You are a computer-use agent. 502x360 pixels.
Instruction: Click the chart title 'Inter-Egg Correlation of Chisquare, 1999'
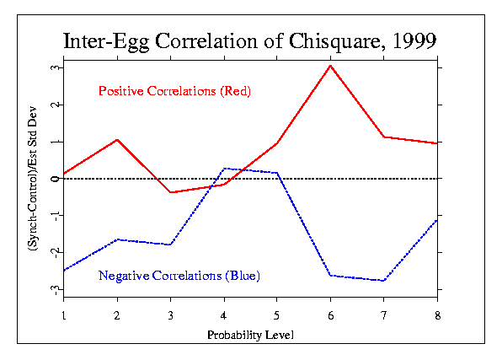(249, 41)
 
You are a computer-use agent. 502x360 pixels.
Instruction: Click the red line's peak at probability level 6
(330, 66)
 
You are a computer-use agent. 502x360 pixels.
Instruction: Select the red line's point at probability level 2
(117, 140)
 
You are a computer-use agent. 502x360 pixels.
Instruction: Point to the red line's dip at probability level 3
(171, 192)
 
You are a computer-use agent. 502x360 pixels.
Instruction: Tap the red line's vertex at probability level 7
(384, 137)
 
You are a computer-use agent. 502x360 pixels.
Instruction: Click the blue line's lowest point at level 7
(384, 281)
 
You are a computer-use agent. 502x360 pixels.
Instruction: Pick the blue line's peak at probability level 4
(224, 169)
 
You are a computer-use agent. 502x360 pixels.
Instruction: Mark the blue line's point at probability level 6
(330, 276)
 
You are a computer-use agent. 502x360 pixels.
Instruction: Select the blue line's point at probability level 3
(171, 244)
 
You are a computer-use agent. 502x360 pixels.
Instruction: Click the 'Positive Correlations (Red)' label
(174, 91)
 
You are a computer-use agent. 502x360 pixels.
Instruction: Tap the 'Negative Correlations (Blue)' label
(179, 276)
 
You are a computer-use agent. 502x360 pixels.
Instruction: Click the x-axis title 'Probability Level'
(250, 336)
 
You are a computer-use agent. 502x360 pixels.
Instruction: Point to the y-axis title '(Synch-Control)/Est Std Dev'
(33, 179)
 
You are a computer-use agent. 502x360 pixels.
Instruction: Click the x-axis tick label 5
(276, 316)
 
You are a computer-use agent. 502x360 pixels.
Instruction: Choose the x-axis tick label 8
(438, 316)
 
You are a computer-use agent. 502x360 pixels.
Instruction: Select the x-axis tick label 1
(64, 316)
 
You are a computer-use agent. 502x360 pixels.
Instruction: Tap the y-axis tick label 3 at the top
(56, 67)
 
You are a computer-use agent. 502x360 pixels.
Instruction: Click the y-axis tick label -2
(56, 254)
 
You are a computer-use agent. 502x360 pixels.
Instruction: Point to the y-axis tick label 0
(56, 179)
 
